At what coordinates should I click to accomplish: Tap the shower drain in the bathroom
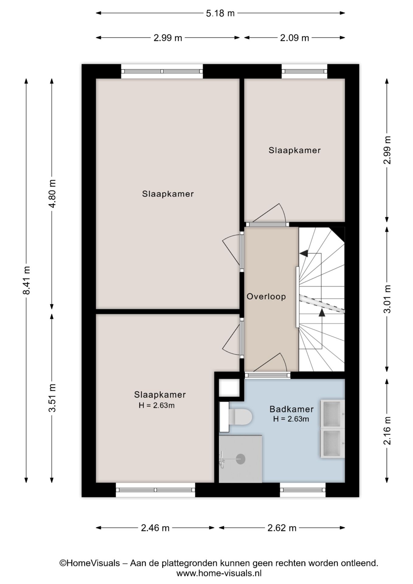click(x=241, y=459)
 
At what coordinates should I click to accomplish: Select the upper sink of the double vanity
click(x=332, y=414)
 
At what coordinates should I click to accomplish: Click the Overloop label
click(x=266, y=297)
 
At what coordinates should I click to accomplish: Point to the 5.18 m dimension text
click(x=220, y=13)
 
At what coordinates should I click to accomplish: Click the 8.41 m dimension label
click(x=26, y=280)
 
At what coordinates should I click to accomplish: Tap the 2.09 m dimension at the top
click(x=294, y=38)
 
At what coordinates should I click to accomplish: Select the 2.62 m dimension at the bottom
click(x=282, y=528)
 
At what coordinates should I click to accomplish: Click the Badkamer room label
click(x=291, y=409)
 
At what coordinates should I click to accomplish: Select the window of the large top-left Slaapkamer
click(x=162, y=71)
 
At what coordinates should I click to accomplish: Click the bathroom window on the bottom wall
click(x=303, y=490)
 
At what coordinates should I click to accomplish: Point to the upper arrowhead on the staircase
click(x=304, y=253)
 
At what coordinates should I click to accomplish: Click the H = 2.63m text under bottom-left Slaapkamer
click(x=156, y=405)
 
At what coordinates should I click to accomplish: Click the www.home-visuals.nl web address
click(x=219, y=573)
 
